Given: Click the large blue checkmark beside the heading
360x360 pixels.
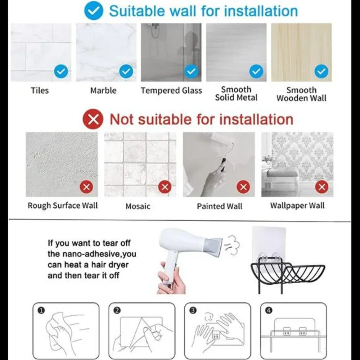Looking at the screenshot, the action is coord(94,10).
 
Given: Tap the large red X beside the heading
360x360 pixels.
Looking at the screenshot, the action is coord(93,119).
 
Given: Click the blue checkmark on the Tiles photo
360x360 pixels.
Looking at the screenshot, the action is coord(61,71).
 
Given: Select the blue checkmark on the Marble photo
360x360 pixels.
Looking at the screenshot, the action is coord(126,71).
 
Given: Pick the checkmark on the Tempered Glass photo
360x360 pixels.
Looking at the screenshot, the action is coord(191,71).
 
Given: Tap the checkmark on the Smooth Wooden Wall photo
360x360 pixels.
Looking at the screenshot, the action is coord(321,71).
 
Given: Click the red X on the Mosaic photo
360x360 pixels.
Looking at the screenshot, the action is coord(165,187).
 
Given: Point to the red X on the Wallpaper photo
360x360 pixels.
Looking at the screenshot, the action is coord(322,187).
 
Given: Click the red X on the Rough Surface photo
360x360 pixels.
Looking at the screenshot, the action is coord(86,187).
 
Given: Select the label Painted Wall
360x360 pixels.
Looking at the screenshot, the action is coord(220,206).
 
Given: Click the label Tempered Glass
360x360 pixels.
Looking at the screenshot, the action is coord(171,90).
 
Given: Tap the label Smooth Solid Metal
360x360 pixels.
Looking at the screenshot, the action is coord(236,94).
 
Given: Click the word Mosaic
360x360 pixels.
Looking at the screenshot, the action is coord(138,206).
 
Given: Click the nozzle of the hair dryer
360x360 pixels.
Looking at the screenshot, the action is coord(214,246).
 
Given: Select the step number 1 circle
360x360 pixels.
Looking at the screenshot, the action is coord(41,311).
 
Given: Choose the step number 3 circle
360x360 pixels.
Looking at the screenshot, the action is coord(193,311).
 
